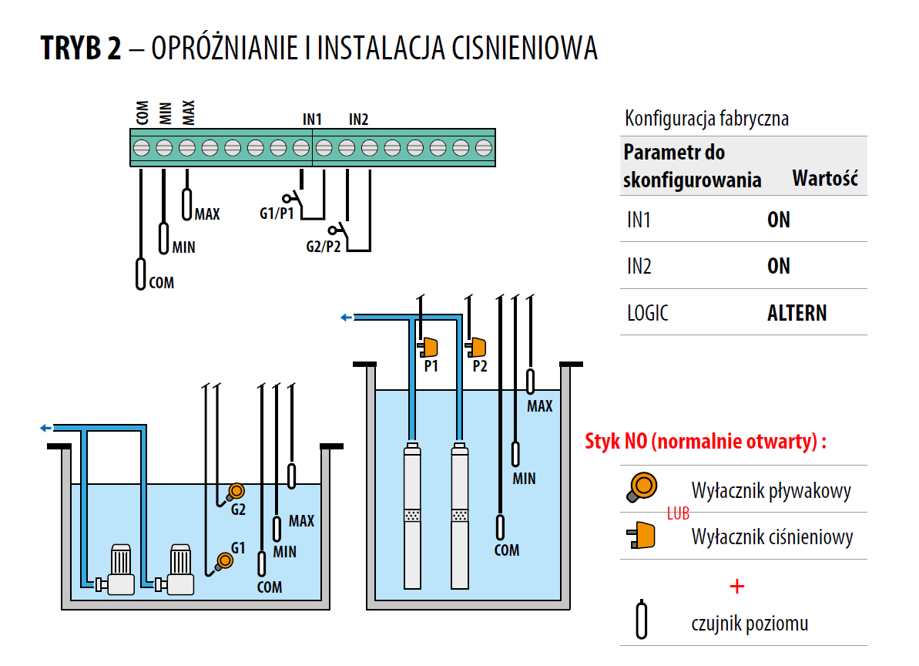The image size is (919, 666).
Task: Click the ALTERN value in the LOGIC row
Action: click(797, 313)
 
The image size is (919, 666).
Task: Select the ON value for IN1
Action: click(779, 220)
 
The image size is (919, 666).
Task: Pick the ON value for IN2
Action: click(779, 267)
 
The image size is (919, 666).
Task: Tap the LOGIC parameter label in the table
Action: click(647, 313)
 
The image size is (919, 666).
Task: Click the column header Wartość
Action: click(825, 180)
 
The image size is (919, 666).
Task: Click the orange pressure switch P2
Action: click(478, 347)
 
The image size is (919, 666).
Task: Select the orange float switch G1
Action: click(224, 560)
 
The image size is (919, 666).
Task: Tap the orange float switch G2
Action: click(236, 490)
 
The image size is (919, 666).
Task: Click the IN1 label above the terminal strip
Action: click(312, 119)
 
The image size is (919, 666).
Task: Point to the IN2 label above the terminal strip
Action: click(359, 119)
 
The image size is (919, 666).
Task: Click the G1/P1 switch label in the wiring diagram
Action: click(277, 213)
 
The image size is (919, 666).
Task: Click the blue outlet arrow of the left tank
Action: click(45, 428)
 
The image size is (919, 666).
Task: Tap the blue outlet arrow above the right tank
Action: click(347, 316)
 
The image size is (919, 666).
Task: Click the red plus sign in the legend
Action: click(737, 587)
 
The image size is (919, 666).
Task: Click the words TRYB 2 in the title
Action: click(81, 49)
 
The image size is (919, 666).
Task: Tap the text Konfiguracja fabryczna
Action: click(706, 119)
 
